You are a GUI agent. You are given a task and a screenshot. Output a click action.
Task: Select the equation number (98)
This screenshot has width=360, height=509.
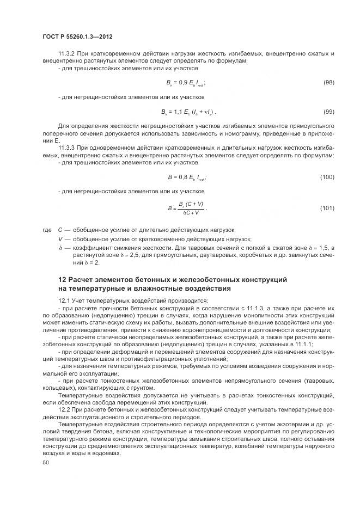[328, 82]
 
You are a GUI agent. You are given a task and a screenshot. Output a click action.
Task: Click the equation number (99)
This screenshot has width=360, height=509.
[328, 112]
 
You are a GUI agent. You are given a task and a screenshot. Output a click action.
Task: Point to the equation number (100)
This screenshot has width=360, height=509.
[327, 177]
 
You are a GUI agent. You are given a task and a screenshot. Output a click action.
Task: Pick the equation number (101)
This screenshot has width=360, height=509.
[327, 207]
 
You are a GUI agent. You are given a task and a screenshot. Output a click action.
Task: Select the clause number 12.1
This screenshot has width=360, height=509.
[65, 301]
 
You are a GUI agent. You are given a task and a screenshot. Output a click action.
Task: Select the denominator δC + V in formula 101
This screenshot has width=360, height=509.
[190, 212]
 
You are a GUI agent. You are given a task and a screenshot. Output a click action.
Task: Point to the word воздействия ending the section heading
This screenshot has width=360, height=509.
[206, 288]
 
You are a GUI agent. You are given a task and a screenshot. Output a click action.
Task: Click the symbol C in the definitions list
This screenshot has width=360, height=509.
[60, 230]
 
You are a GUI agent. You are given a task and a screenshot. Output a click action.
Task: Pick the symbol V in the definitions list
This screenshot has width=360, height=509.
[60, 239]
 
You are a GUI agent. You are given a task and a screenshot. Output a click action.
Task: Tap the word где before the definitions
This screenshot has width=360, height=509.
[46, 230]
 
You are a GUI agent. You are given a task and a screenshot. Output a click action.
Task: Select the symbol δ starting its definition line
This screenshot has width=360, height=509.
[60, 248]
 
